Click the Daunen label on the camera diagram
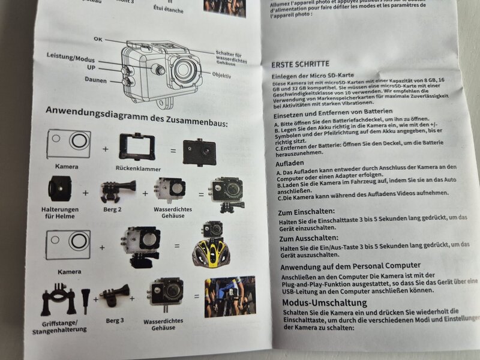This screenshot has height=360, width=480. pyautogui.click(x=95, y=80)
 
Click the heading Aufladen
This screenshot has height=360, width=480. pyautogui.click(x=290, y=163)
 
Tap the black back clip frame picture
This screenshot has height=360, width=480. pyautogui.click(x=137, y=146)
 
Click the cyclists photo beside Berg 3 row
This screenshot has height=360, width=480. pyautogui.click(x=229, y=296)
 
